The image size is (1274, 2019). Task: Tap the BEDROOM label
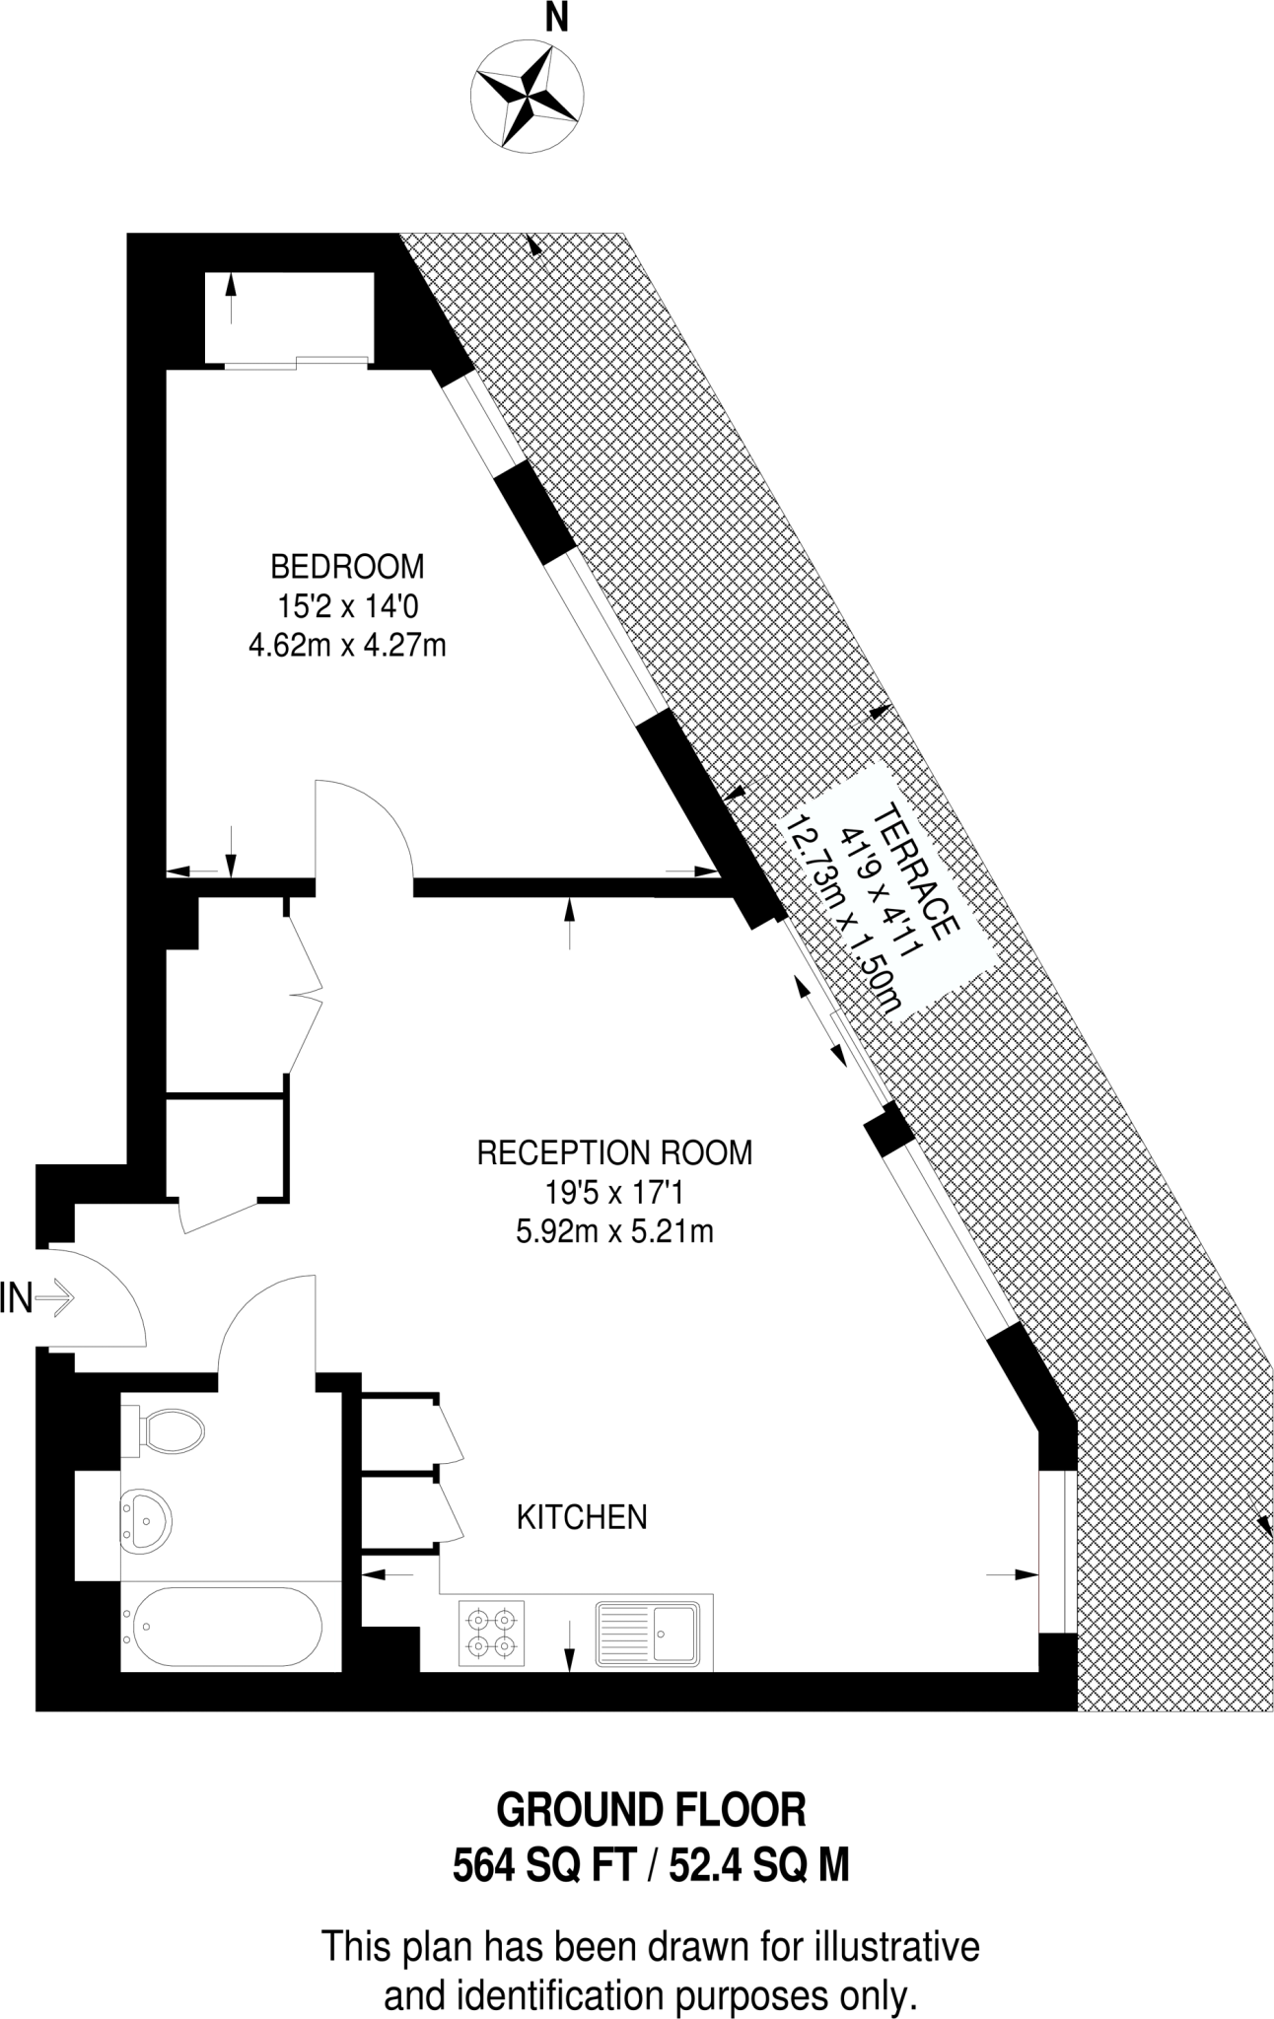347,567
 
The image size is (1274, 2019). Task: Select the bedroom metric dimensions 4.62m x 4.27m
347,646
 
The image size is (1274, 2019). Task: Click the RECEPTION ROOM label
614,1152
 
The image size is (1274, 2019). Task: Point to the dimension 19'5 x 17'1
614,1193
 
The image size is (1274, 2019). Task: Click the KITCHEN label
582,1516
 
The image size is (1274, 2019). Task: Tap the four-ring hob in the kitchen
491,1632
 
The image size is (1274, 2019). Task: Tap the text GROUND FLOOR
651,1811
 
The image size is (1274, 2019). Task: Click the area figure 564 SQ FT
540,1866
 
